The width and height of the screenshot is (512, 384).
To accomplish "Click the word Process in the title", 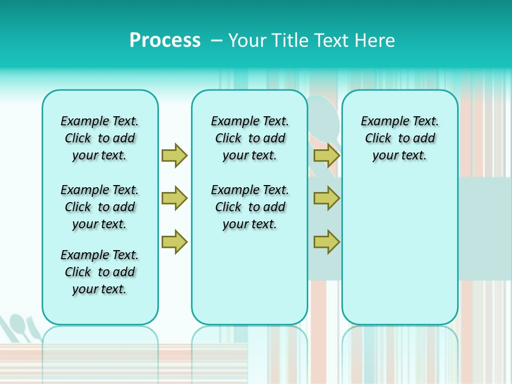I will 165,41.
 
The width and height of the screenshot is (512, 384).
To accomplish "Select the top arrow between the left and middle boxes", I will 174,155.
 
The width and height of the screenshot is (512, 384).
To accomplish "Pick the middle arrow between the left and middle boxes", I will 174,198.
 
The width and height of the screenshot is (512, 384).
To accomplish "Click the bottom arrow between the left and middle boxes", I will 174,242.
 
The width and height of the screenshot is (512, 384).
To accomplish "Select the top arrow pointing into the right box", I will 326,155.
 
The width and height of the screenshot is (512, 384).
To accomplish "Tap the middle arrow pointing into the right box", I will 326,198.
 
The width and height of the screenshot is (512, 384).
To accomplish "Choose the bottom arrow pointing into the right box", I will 326,242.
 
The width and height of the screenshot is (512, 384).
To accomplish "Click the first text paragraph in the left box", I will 100,138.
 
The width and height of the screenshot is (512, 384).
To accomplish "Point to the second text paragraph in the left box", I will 100,207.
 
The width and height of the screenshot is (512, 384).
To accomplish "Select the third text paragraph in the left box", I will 100,272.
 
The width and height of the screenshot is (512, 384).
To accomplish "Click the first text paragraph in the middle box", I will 250,138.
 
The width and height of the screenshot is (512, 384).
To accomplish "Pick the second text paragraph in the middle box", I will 250,207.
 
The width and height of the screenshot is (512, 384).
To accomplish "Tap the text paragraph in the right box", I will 399,138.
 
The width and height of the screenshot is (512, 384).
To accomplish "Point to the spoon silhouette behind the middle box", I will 323,117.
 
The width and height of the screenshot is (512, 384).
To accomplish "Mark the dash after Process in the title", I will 216,41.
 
